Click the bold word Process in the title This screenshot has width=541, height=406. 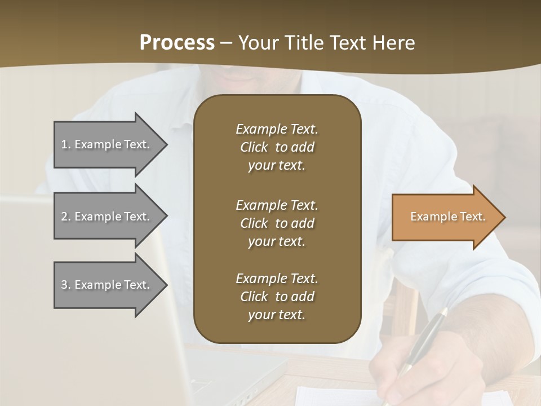pyautogui.click(x=177, y=43)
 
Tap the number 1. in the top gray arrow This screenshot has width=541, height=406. pyautogui.click(x=66, y=144)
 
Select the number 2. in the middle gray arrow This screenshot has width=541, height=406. pyautogui.click(x=66, y=217)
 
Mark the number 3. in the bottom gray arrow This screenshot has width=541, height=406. pyautogui.click(x=66, y=285)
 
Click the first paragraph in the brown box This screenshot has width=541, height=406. pyautogui.click(x=277, y=147)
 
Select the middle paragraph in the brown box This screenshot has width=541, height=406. pyautogui.click(x=277, y=223)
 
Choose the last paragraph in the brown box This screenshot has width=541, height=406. pyautogui.click(x=277, y=297)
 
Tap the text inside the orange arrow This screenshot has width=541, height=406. pyautogui.click(x=447, y=217)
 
